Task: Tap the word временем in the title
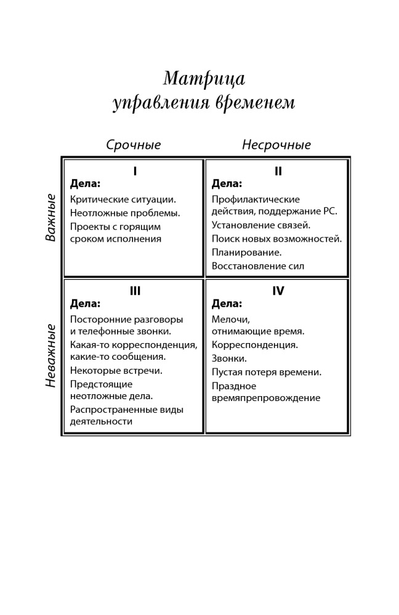pos(256,102)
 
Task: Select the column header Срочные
pos(134,145)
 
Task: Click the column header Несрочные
pos(276,145)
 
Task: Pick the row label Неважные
pos(51,355)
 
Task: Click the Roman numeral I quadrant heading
pos(135,172)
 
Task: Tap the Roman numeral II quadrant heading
pos(278,172)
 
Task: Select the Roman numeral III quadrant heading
pos(135,291)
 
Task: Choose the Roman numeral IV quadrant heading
pos(278,291)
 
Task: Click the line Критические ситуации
pos(123,199)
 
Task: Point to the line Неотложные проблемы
pos(125,213)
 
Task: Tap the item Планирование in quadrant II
pos(246,252)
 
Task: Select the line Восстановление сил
pos(258,266)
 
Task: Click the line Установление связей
pos(261,225)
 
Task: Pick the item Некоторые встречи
pos(116,370)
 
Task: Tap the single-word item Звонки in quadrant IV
pos(229,358)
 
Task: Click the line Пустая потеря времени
pos(267,372)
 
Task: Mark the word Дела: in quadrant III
pos(85,303)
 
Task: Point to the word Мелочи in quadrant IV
pos(230,319)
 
